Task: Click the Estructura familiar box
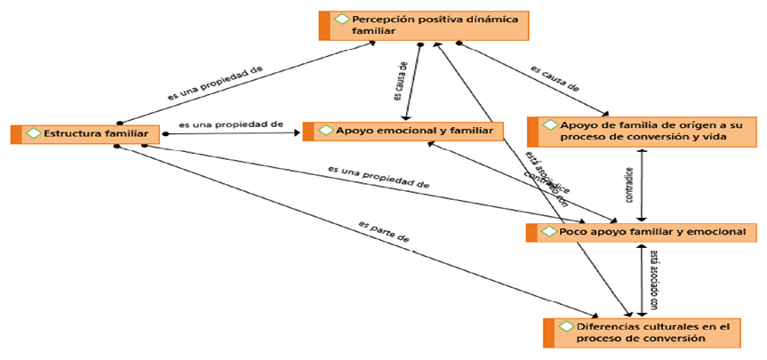click(85, 133)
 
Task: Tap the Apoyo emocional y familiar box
click(404, 132)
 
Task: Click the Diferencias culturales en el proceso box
click(641, 332)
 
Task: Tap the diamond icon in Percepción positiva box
click(341, 19)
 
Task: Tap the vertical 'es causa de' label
click(400, 83)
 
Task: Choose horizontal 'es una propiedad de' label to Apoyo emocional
click(230, 125)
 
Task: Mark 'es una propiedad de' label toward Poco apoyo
click(379, 176)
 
